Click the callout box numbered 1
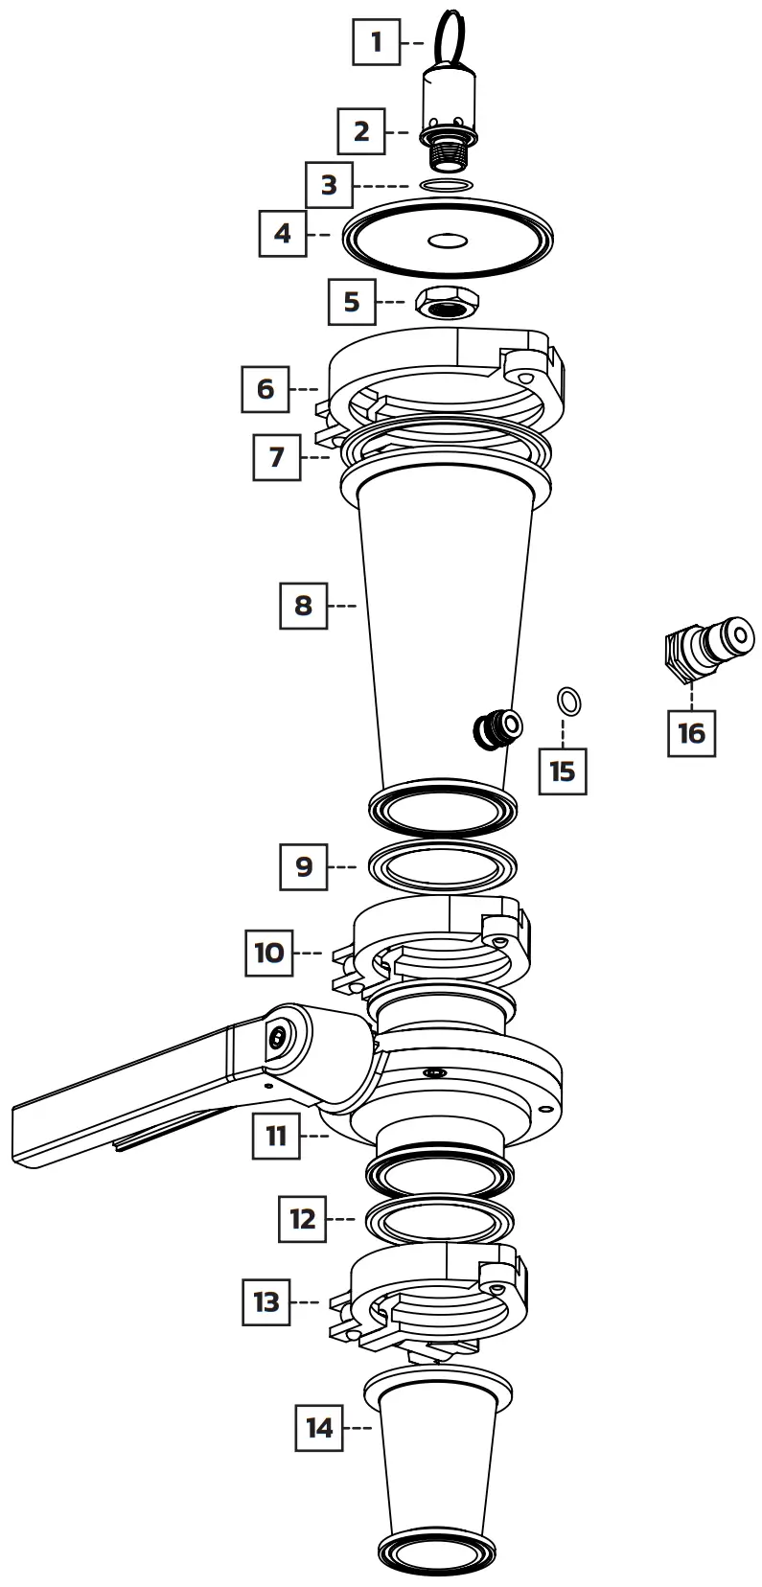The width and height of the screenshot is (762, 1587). click(x=376, y=42)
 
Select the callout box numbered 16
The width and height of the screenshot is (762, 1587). click(x=691, y=733)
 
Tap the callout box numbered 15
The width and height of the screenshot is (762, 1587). click(x=563, y=770)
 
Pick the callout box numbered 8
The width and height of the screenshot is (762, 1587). click(x=303, y=606)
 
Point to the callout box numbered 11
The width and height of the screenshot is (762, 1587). click(x=276, y=1136)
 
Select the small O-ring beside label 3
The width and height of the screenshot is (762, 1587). click(x=447, y=184)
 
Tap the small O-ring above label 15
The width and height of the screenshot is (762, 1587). click(x=569, y=701)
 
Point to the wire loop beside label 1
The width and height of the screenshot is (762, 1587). click(x=450, y=34)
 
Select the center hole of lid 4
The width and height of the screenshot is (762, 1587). click(x=447, y=241)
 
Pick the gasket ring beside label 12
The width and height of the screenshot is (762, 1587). click(x=440, y=1220)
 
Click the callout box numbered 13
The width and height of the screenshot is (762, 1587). click(x=266, y=1301)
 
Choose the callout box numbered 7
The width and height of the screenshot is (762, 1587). click(x=276, y=456)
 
